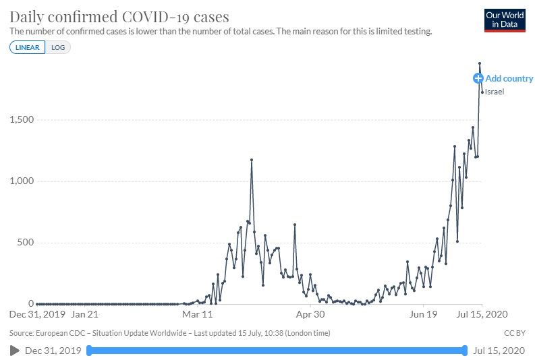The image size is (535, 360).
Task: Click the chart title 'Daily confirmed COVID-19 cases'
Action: click(119, 17)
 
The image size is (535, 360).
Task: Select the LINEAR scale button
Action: click(28, 48)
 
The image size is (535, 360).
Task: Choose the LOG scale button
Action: click(58, 48)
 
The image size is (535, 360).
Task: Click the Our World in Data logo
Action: click(505, 20)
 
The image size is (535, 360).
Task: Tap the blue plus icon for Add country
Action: click(478, 78)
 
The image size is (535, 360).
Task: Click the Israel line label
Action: click(495, 92)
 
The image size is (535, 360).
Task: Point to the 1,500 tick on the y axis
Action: click(22, 120)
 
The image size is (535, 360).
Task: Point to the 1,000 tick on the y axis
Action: click(22, 181)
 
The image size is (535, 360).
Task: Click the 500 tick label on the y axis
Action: click(26, 243)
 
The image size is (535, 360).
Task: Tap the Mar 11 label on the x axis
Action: click(198, 314)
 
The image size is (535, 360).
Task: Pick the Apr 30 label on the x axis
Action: click(311, 314)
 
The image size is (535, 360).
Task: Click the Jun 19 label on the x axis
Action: click(424, 314)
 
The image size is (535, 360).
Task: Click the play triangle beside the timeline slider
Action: click(14, 351)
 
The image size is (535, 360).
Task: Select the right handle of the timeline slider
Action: click(465, 351)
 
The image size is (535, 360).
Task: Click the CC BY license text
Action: click(514, 333)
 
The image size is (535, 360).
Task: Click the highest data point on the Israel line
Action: click(480, 63)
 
